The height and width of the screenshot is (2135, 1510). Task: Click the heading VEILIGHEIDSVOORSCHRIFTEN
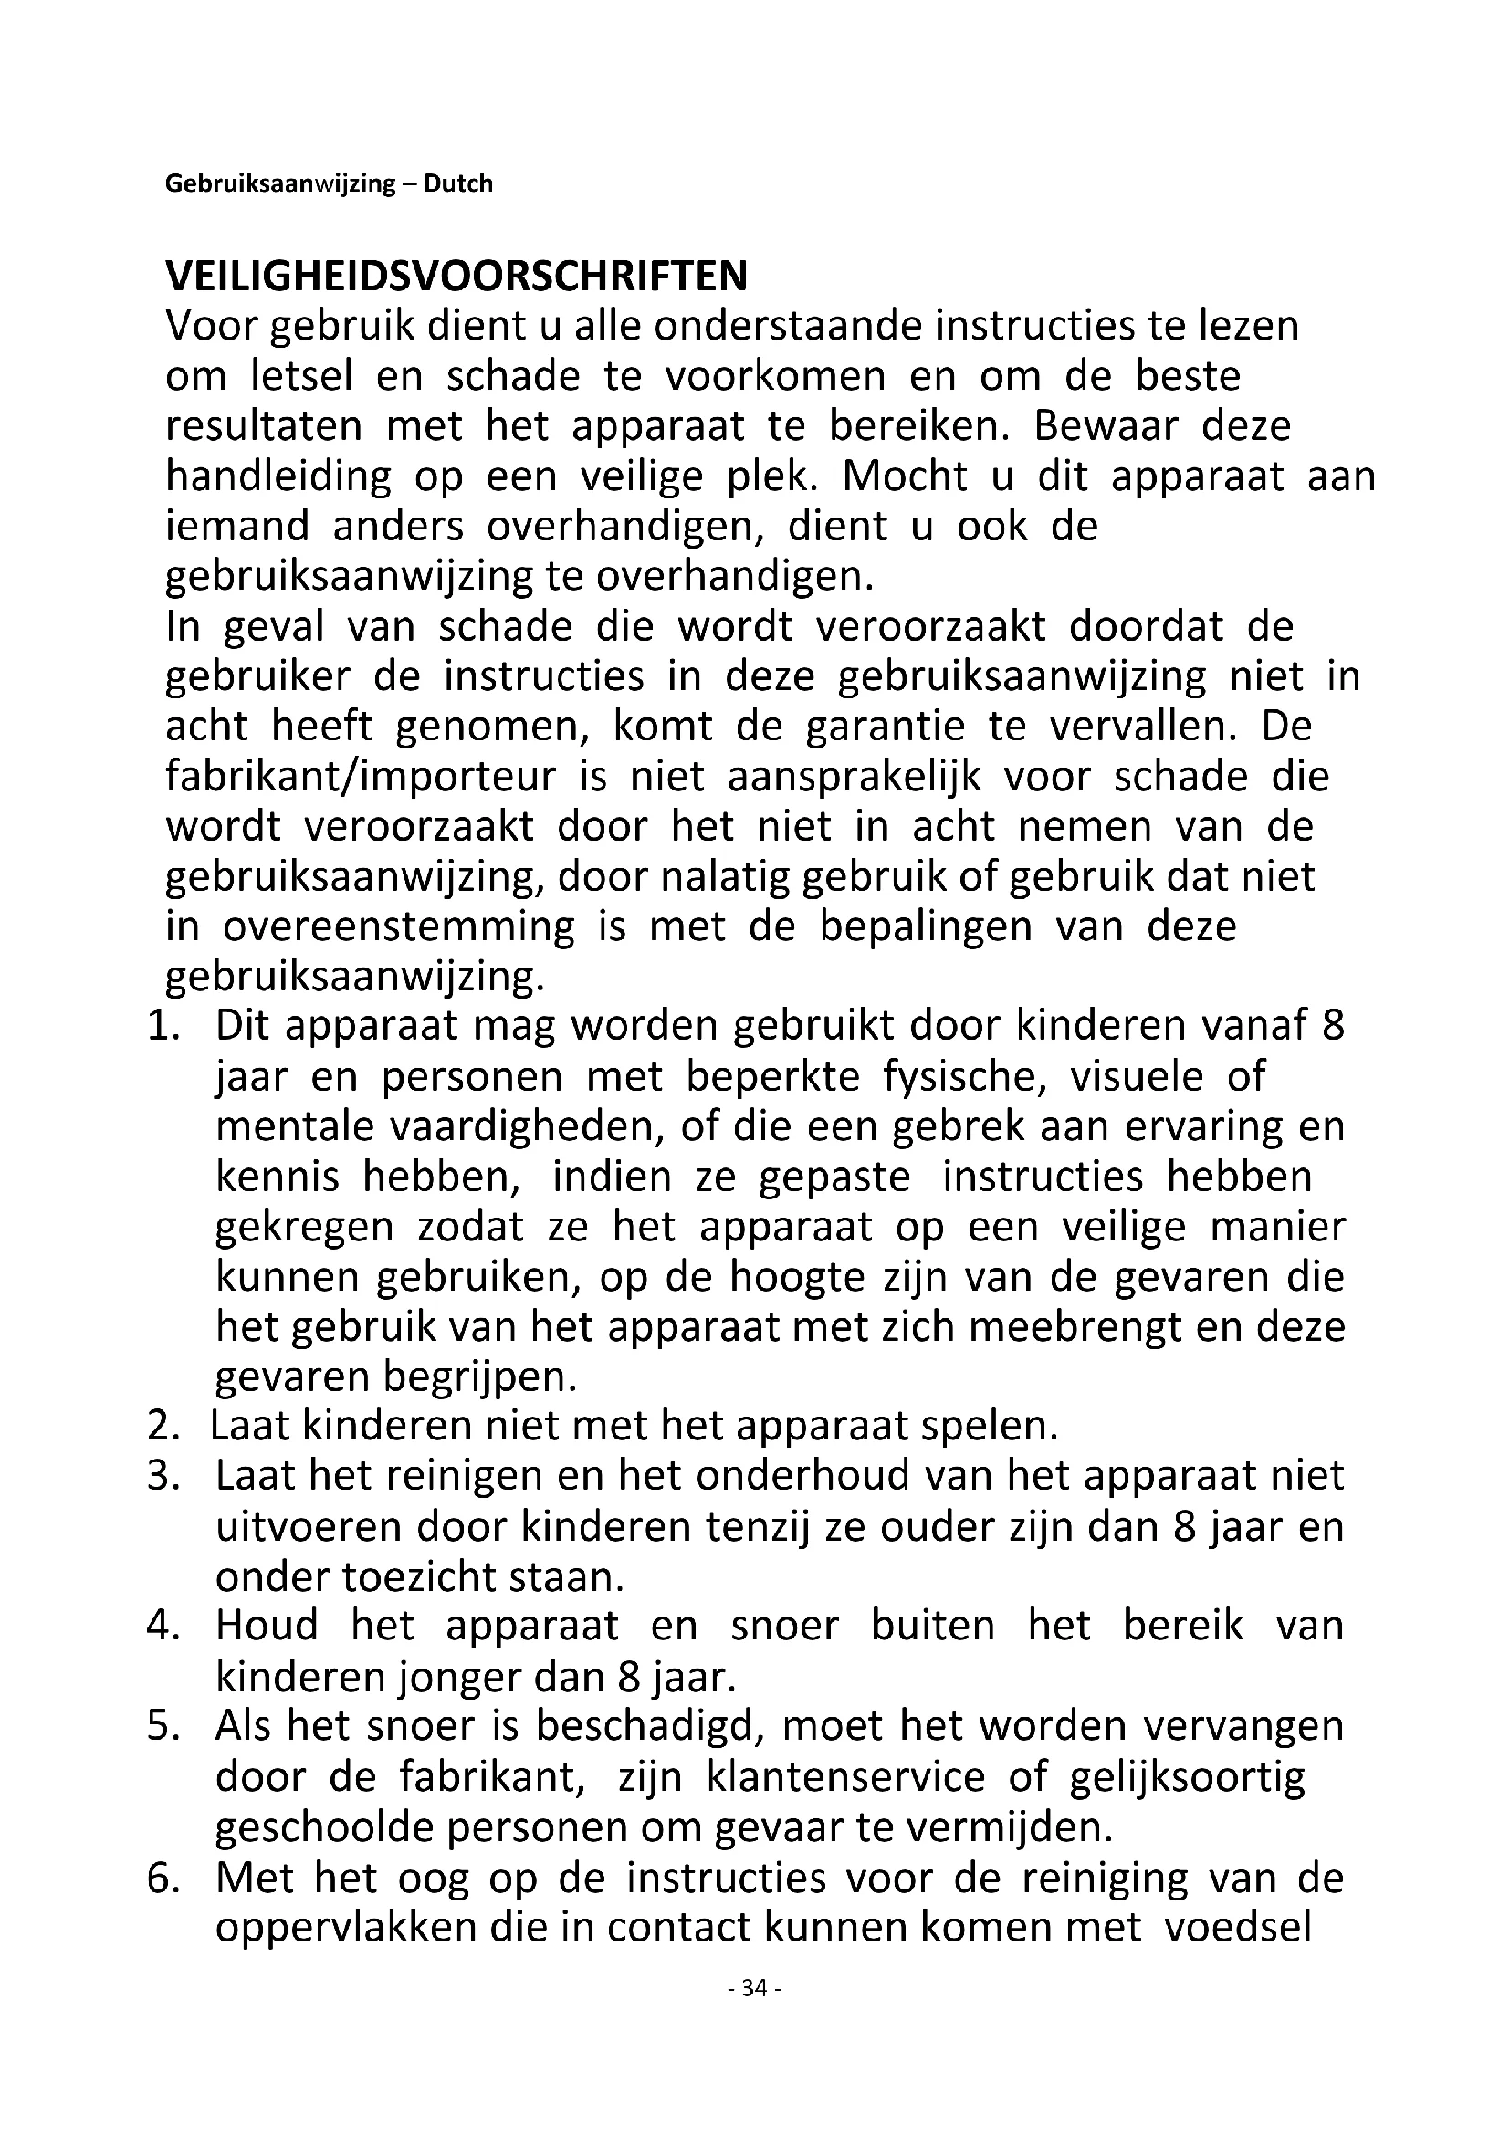[x=456, y=277]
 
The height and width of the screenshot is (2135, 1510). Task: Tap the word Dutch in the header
[x=457, y=184]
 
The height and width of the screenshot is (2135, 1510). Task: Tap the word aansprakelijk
[x=855, y=777]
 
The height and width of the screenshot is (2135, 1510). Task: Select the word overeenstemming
[x=399, y=927]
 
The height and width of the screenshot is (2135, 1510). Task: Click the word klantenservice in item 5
[x=845, y=1777]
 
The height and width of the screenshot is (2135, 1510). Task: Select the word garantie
[x=886, y=727]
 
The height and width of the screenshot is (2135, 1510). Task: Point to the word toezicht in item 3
[x=422, y=1577]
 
